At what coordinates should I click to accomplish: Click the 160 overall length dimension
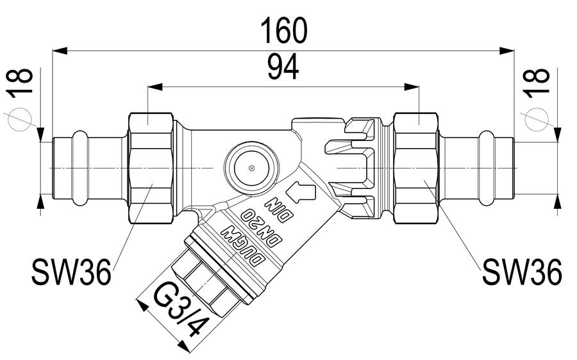pos(284,31)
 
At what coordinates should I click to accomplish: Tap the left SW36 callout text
pos(71,272)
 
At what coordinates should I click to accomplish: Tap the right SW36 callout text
pos(522,272)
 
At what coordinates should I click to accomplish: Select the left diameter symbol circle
pos(21,120)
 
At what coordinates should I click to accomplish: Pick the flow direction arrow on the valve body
pos(301,192)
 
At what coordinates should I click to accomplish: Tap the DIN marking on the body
pos(282,209)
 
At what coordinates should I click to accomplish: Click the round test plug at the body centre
pos(251,168)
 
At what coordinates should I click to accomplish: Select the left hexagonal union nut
pos(151,168)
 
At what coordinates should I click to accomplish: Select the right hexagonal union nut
pos(416,168)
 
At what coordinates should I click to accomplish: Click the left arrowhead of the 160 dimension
pos(60,51)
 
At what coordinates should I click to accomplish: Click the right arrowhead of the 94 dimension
pos(412,87)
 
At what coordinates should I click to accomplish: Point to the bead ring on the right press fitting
pos(487,168)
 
